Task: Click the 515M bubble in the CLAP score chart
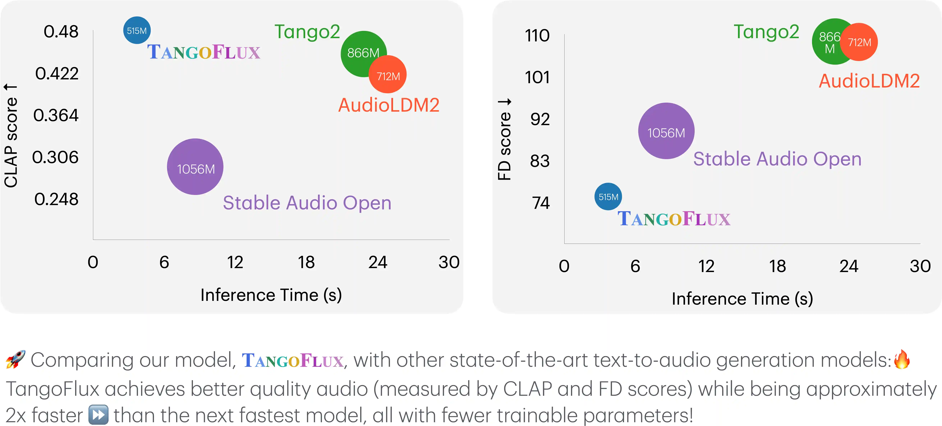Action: pos(137,30)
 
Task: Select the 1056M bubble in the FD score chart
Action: pos(666,131)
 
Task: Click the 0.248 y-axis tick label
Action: pos(56,199)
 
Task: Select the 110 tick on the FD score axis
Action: pos(537,35)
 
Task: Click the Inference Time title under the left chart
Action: pos(271,295)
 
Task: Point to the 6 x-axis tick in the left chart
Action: pos(164,262)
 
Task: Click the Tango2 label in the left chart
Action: pos(307,32)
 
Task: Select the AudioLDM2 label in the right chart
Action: pos(869,81)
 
